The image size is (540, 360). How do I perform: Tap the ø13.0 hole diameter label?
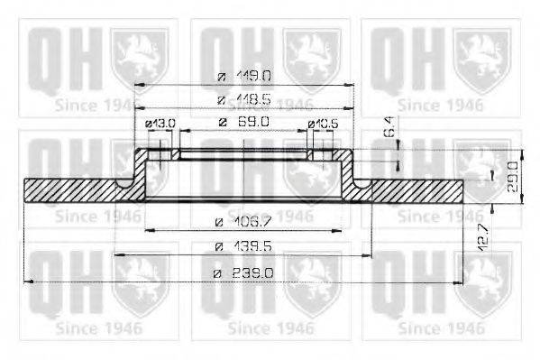159,123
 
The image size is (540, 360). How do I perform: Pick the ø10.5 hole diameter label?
322,123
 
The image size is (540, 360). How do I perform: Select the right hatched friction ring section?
415,189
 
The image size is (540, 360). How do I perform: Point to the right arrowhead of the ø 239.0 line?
461,282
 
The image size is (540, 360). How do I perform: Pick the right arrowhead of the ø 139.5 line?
370,256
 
